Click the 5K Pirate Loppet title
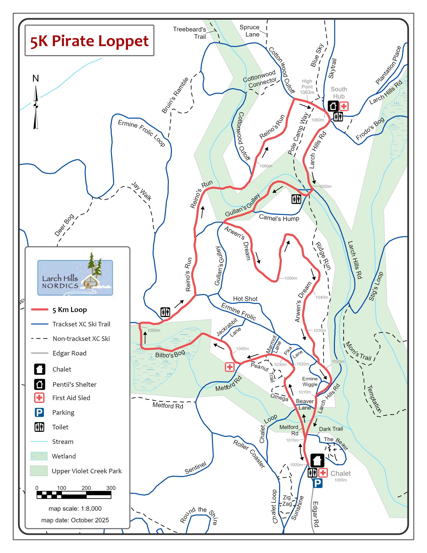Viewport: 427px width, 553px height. (x=89, y=41)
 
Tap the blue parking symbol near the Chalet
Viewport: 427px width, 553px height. (x=317, y=483)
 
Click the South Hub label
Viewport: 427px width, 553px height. (x=339, y=93)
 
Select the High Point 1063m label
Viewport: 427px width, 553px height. (x=307, y=87)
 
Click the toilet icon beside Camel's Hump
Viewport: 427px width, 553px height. (x=296, y=199)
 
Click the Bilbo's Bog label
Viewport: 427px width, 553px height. (x=170, y=354)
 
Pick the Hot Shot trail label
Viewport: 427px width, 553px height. (x=245, y=299)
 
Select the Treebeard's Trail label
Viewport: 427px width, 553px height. (x=190, y=33)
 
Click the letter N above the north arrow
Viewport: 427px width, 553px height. (x=36, y=78)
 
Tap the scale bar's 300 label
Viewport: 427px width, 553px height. (x=111, y=488)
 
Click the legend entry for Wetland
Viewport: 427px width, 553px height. (x=64, y=456)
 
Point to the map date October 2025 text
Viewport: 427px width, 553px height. (x=75, y=520)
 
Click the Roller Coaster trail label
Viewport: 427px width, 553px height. (x=249, y=454)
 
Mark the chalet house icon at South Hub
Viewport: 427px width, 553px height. (x=333, y=106)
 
